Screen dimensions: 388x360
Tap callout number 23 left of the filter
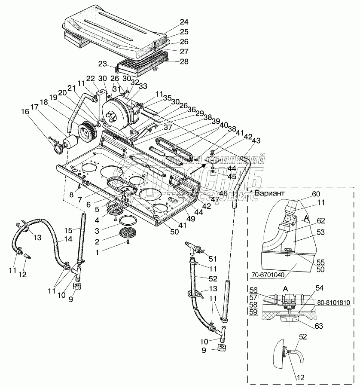pos(102,64)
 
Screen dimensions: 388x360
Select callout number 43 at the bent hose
pos(256,141)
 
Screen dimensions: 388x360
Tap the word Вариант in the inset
pos(269,193)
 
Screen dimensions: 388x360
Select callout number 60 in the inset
pos(316,194)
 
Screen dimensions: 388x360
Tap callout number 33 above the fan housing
pos(143,86)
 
